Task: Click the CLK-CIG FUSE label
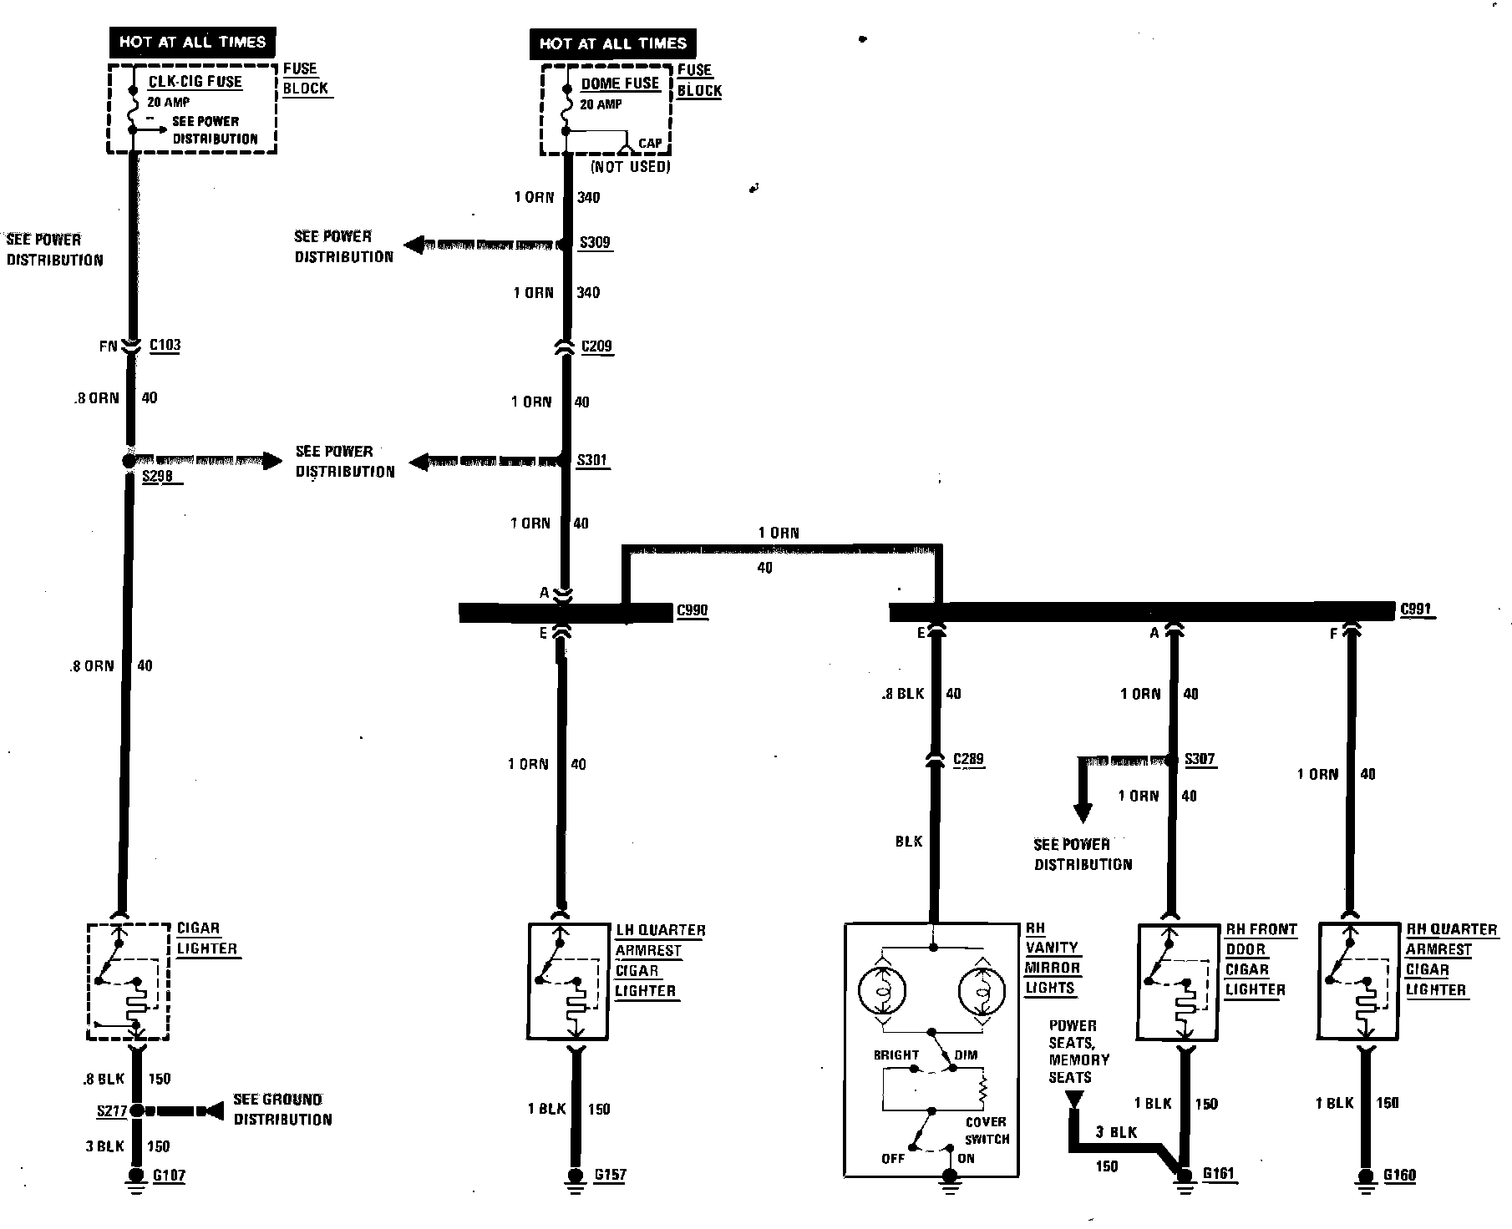[195, 82]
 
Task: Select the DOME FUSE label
[620, 83]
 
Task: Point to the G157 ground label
[610, 1176]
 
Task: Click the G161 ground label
[1218, 1174]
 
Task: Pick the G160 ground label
[1399, 1176]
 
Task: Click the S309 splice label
[595, 243]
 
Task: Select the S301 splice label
[592, 460]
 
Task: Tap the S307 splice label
[1200, 760]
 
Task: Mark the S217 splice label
[111, 1111]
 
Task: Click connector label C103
[165, 346]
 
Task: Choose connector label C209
[596, 346]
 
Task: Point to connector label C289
[968, 760]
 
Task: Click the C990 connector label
[692, 610]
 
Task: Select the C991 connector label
[1416, 609]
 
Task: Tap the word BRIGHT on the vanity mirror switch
[896, 1055]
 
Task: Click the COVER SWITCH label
[987, 1130]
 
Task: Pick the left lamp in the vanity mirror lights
[882, 991]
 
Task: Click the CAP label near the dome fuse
[650, 144]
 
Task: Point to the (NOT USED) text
[631, 167]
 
